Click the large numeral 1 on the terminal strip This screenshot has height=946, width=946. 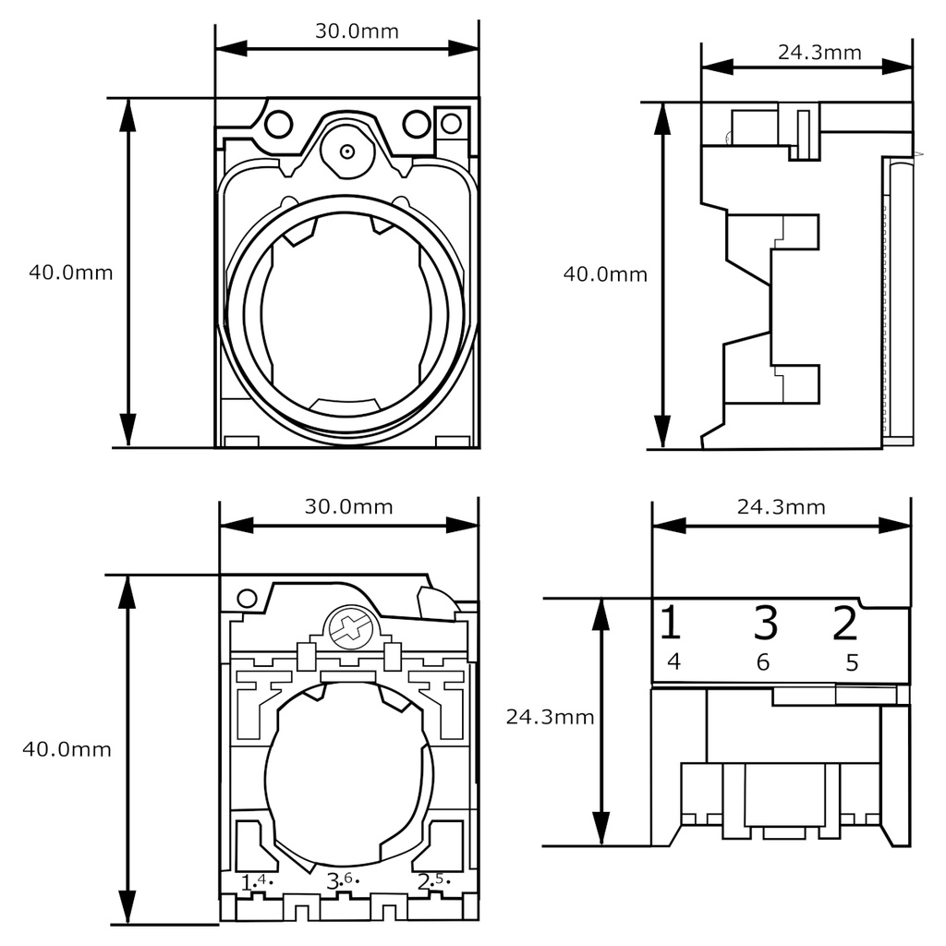click(x=671, y=624)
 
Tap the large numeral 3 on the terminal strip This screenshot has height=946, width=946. click(x=765, y=624)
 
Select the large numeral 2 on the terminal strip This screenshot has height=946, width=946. click(x=844, y=624)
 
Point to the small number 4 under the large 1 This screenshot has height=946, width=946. click(x=673, y=661)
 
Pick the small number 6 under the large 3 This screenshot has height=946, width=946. click(x=763, y=661)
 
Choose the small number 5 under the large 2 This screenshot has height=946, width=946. click(x=852, y=661)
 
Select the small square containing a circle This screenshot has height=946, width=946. click(x=451, y=122)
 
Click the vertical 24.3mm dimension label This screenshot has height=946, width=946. click(x=550, y=717)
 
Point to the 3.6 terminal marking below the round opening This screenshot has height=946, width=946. click(x=341, y=880)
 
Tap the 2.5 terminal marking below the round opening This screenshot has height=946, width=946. click(x=431, y=880)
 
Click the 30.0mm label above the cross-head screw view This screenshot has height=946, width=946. click(x=348, y=506)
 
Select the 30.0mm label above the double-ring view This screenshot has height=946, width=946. click(x=357, y=31)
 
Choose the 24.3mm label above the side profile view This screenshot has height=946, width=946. click(x=819, y=52)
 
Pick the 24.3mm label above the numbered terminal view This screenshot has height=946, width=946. click(x=781, y=506)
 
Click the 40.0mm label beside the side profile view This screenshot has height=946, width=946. click(x=605, y=274)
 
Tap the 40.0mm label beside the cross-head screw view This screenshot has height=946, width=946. click(x=67, y=749)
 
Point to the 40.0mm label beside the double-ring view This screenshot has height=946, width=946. click(x=70, y=273)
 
